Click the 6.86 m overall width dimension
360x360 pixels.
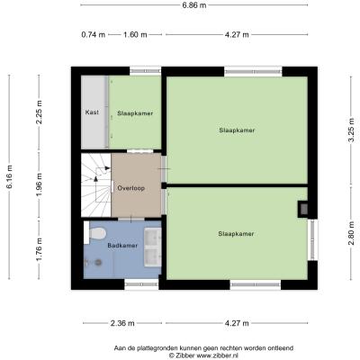coord(194,4)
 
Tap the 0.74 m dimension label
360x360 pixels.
coord(94,34)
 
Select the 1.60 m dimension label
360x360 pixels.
coord(135,34)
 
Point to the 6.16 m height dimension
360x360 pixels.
coord(9,176)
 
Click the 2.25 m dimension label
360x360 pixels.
coord(39,112)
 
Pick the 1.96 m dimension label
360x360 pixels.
coord(39,184)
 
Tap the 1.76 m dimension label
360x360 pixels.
coord(39,249)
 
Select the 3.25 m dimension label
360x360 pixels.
coord(351,130)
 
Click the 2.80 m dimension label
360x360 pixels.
coord(351,233)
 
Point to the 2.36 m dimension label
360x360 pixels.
coord(122,323)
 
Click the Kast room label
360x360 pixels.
coord(92,112)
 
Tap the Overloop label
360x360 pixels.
coord(131,188)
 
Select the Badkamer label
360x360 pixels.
coord(122,246)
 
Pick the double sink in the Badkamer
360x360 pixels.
coord(153,247)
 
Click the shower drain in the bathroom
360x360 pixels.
coord(98,263)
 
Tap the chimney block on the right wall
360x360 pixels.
coord(302,209)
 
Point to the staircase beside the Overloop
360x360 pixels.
coord(96,184)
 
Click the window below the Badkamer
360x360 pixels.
coord(141,283)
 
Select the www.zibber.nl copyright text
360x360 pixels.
coord(204,355)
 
